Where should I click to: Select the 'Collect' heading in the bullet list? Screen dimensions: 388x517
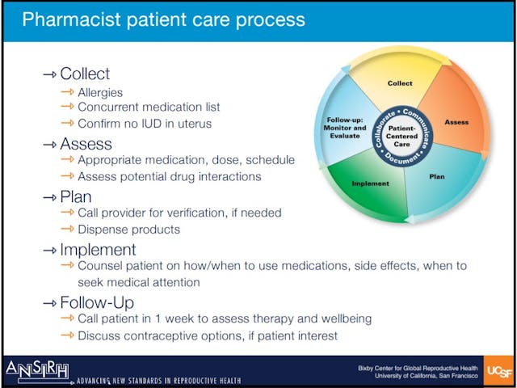pyautogui.click(x=85, y=74)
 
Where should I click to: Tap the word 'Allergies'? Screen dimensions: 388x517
pyautogui.click(x=100, y=93)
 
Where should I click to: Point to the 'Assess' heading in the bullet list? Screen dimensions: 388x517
pyautogui.click(x=87, y=144)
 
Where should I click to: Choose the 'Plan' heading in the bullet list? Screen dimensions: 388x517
pyautogui.click(x=76, y=196)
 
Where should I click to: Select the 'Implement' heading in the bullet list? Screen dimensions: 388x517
pyautogui.click(x=98, y=250)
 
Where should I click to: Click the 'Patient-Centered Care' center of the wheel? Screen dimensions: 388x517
pyautogui.click(x=401, y=134)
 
